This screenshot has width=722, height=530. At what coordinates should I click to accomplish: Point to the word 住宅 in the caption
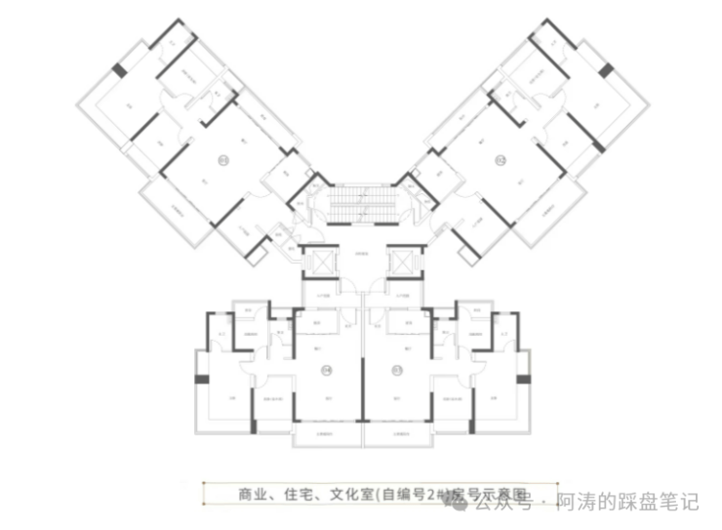click(x=297, y=493)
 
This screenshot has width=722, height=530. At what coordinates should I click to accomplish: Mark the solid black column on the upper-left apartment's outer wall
click(x=119, y=70)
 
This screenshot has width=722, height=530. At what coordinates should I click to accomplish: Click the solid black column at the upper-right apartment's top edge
click(x=605, y=70)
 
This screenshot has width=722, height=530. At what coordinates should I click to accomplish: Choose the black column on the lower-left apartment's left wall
click(x=202, y=378)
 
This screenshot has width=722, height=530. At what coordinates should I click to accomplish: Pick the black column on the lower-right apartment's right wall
click(x=526, y=378)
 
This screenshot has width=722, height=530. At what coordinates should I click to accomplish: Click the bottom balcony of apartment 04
click(x=326, y=433)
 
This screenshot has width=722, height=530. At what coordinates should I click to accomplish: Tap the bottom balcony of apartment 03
click(x=397, y=433)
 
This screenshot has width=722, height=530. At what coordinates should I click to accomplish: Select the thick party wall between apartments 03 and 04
click(x=362, y=381)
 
